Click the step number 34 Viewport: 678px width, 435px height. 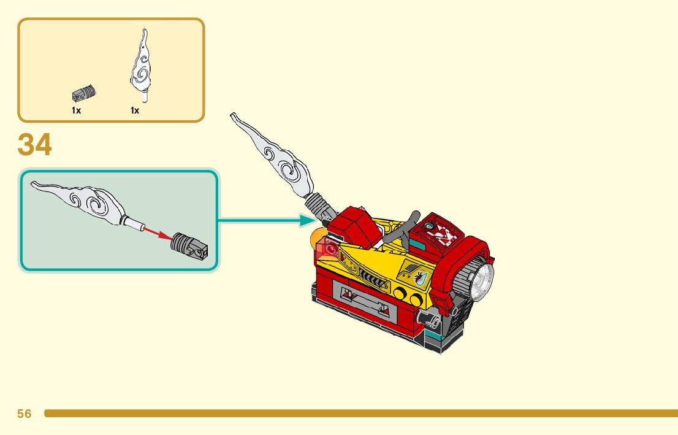(x=35, y=145)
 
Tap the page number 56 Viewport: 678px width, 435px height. (x=25, y=414)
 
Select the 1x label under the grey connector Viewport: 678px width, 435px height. (x=76, y=110)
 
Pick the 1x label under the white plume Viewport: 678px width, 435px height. (x=135, y=110)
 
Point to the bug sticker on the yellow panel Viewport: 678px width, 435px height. (x=418, y=277)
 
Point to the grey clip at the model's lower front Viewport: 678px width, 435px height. (x=431, y=318)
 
